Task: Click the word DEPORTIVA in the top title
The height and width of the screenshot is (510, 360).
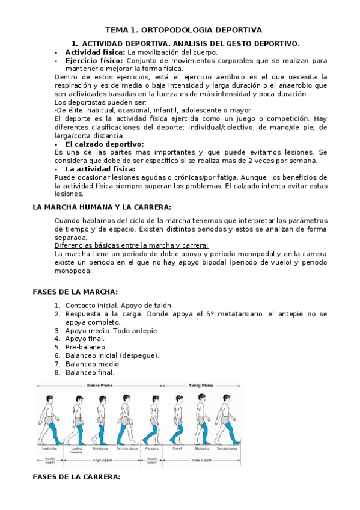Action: coord(233,29)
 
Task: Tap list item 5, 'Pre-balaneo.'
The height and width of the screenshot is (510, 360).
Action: coord(86,347)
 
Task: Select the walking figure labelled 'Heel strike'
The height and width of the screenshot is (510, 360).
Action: coord(48,417)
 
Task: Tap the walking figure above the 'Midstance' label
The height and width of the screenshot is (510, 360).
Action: coord(101,417)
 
